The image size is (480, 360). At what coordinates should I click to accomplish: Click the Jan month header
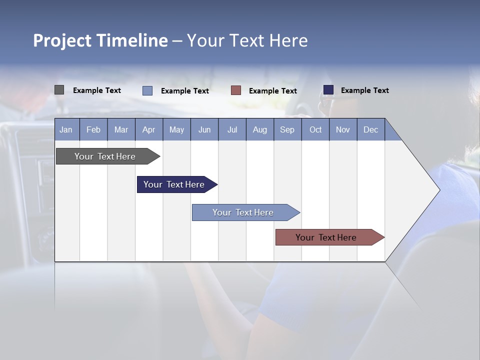(66, 129)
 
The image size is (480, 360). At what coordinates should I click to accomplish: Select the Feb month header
(93, 129)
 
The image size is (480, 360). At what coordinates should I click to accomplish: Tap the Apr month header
(148, 129)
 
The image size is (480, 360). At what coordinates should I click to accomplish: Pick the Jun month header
(204, 129)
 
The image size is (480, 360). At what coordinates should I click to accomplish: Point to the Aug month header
(259, 129)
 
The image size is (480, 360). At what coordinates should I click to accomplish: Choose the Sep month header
(287, 129)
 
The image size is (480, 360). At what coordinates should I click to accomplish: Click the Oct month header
(315, 129)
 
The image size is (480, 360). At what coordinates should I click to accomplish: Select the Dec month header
(370, 129)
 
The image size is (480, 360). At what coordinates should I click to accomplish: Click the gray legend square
(59, 90)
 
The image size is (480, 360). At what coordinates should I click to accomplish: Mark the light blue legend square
(147, 90)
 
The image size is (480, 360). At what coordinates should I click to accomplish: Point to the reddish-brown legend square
(236, 90)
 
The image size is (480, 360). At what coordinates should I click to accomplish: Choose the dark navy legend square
(328, 89)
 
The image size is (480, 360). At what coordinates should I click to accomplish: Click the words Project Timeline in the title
(100, 40)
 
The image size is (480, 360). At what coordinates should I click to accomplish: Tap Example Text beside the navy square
(364, 90)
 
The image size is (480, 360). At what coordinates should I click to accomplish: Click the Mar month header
(121, 129)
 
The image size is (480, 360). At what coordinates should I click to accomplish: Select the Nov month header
(343, 129)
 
